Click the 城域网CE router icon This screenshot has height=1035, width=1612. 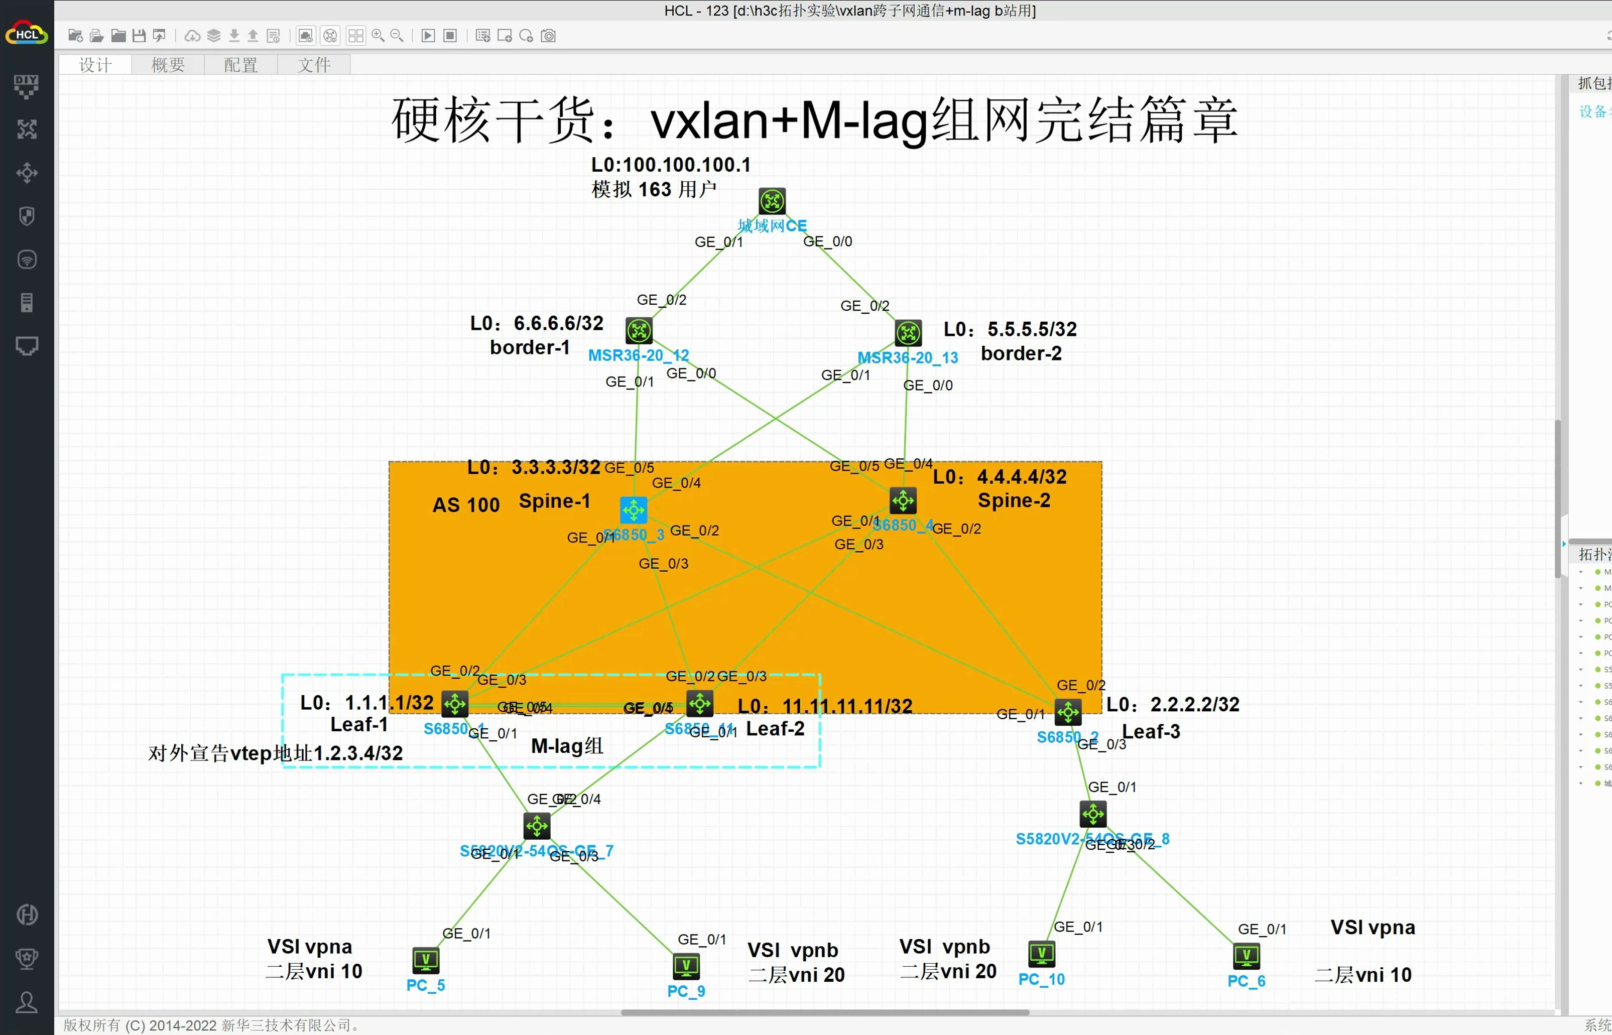point(772,201)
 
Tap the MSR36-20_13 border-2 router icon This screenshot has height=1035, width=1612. point(908,333)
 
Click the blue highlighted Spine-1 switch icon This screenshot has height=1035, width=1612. point(633,510)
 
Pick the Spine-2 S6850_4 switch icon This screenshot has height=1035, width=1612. point(902,501)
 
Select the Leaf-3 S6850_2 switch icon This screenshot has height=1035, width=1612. point(1067,712)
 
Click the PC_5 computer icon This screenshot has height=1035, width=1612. point(426,960)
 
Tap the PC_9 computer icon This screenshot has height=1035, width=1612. point(686,966)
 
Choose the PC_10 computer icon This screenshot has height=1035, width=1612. point(1041,954)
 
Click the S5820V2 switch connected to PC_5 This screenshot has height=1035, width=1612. point(537,826)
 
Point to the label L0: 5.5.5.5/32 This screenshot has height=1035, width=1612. point(1010,329)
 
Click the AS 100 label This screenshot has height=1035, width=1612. point(466,505)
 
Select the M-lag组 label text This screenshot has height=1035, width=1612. point(567,746)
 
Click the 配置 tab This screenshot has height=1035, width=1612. point(240,65)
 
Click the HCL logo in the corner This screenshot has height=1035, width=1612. point(26,34)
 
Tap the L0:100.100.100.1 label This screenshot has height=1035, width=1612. point(670,165)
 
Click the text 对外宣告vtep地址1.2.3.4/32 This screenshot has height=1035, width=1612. point(276,753)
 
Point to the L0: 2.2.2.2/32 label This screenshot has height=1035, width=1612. point(1172,704)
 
